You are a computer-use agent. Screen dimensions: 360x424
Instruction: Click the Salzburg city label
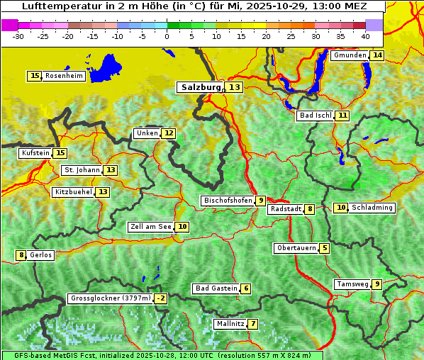coord(200,87)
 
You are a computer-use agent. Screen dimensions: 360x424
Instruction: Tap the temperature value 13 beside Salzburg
coord(234,87)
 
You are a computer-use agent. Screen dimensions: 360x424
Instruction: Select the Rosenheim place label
coord(64,76)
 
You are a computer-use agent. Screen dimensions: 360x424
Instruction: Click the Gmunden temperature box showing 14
coord(377,55)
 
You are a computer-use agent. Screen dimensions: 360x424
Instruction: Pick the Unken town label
coord(147,133)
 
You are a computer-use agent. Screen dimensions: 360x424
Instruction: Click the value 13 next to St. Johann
coord(111,170)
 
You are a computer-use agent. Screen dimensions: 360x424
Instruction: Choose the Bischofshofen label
coord(228,201)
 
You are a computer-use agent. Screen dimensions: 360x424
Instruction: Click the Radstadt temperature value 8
coord(310,209)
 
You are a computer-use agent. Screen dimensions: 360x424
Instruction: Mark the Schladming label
coord(372,208)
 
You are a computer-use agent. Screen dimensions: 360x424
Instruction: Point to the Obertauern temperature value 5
coord(324,248)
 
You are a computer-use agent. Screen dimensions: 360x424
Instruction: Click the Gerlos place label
coord(41,255)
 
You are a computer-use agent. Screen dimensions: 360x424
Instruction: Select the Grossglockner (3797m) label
coord(111,298)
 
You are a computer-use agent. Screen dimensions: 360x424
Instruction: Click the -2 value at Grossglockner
coord(161,298)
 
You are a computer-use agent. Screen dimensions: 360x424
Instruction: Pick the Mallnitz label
coord(230,324)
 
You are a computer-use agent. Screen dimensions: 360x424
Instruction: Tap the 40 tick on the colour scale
coord(365,36)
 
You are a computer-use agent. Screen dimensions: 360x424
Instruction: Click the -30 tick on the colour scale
coord(18,36)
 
